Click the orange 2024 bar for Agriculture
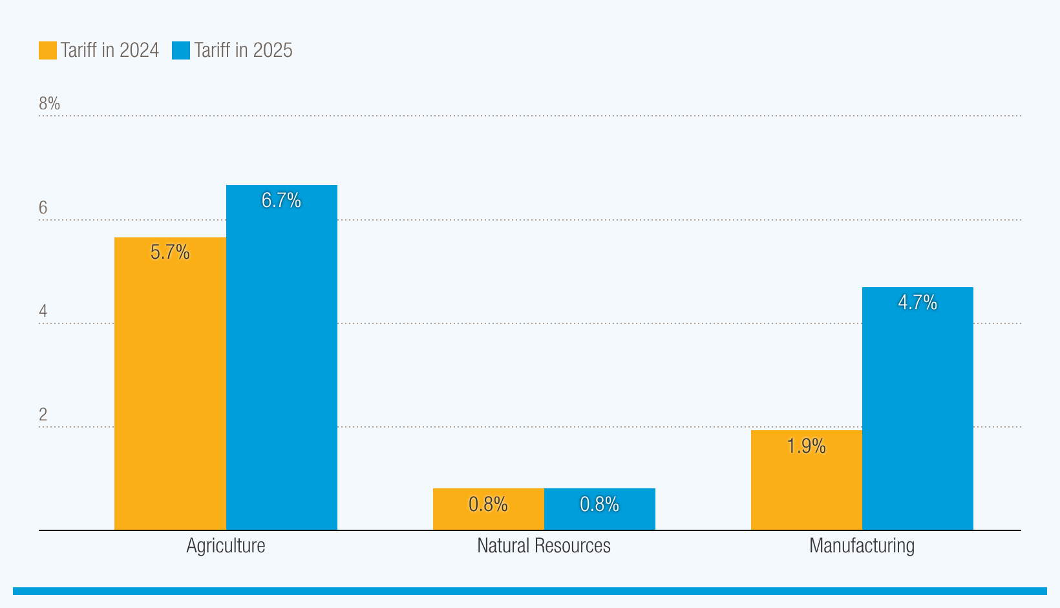(170, 388)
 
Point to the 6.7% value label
(281, 201)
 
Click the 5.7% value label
(170, 252)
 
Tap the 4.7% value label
(918, 303)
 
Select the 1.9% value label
(807, 446)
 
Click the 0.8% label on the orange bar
(488, 505)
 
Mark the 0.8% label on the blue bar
(600, 505)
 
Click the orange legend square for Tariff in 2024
(48, 50)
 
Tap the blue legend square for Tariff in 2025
(181, 50)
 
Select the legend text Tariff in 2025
(243, 50)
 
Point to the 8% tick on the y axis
(49, 103)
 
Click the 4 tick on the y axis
(43, 311)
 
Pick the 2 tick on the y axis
(43, 415)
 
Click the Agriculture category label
(226, 546)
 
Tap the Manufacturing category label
(862, 546)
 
